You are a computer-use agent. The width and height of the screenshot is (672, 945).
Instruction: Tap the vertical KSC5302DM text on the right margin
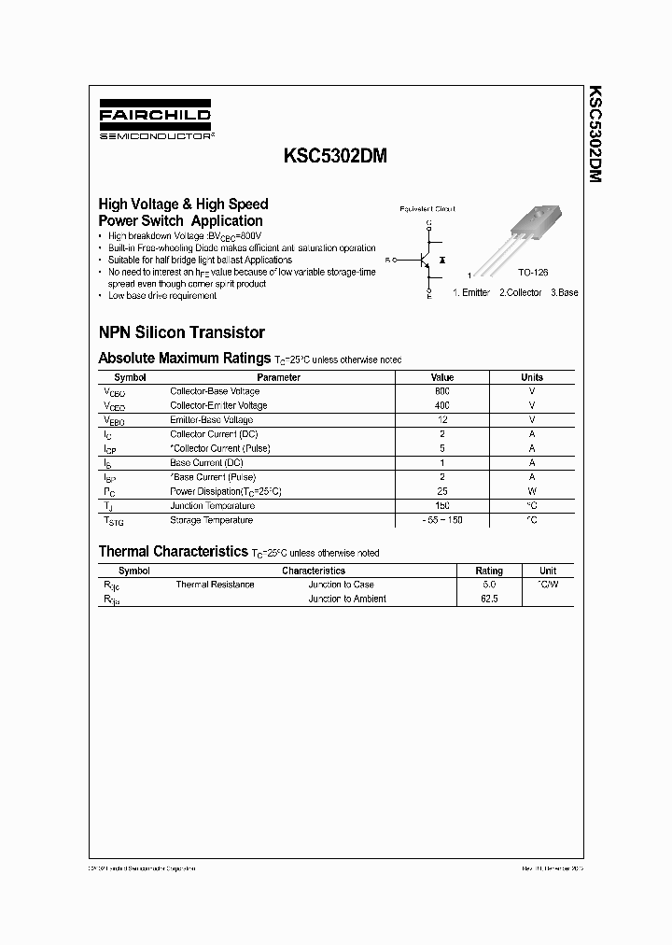pos(595,134)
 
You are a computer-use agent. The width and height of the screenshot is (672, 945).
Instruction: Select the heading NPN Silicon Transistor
pos(181,331)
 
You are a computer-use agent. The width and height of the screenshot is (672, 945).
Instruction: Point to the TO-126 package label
pos(533,272)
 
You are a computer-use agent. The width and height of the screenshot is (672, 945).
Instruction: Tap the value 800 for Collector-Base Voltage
pos(441,391)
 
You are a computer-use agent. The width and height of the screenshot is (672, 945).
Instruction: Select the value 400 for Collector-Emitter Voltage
pos(441,405)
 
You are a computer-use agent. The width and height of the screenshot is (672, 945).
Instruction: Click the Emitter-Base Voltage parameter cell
pos(211,420)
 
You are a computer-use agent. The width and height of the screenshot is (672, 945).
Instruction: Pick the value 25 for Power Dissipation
pos(441,491)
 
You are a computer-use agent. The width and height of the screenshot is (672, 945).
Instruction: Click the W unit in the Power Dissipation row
pos(531,491)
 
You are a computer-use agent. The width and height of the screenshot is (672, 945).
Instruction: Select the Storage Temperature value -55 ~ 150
pos(441,520)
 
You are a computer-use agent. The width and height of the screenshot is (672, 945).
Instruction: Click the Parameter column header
pos(278,377)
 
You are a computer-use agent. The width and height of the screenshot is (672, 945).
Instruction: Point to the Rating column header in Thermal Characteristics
pos(488,571)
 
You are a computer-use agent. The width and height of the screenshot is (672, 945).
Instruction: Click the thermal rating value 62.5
pos(488,599)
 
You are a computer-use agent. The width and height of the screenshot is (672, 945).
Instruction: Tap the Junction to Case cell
pos(341,585)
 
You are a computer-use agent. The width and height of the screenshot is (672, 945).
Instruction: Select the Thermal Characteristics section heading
pos(172,552)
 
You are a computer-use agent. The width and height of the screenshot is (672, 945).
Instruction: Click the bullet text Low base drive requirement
pos(162,295)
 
